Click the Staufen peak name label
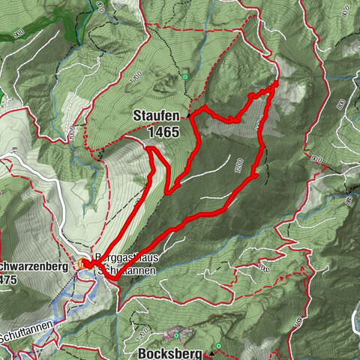pos(156,116)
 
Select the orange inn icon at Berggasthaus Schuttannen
pos(82,263)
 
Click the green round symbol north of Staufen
pos(184,76)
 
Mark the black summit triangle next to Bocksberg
pos(211,352)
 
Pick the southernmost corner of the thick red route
pos(114,279)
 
